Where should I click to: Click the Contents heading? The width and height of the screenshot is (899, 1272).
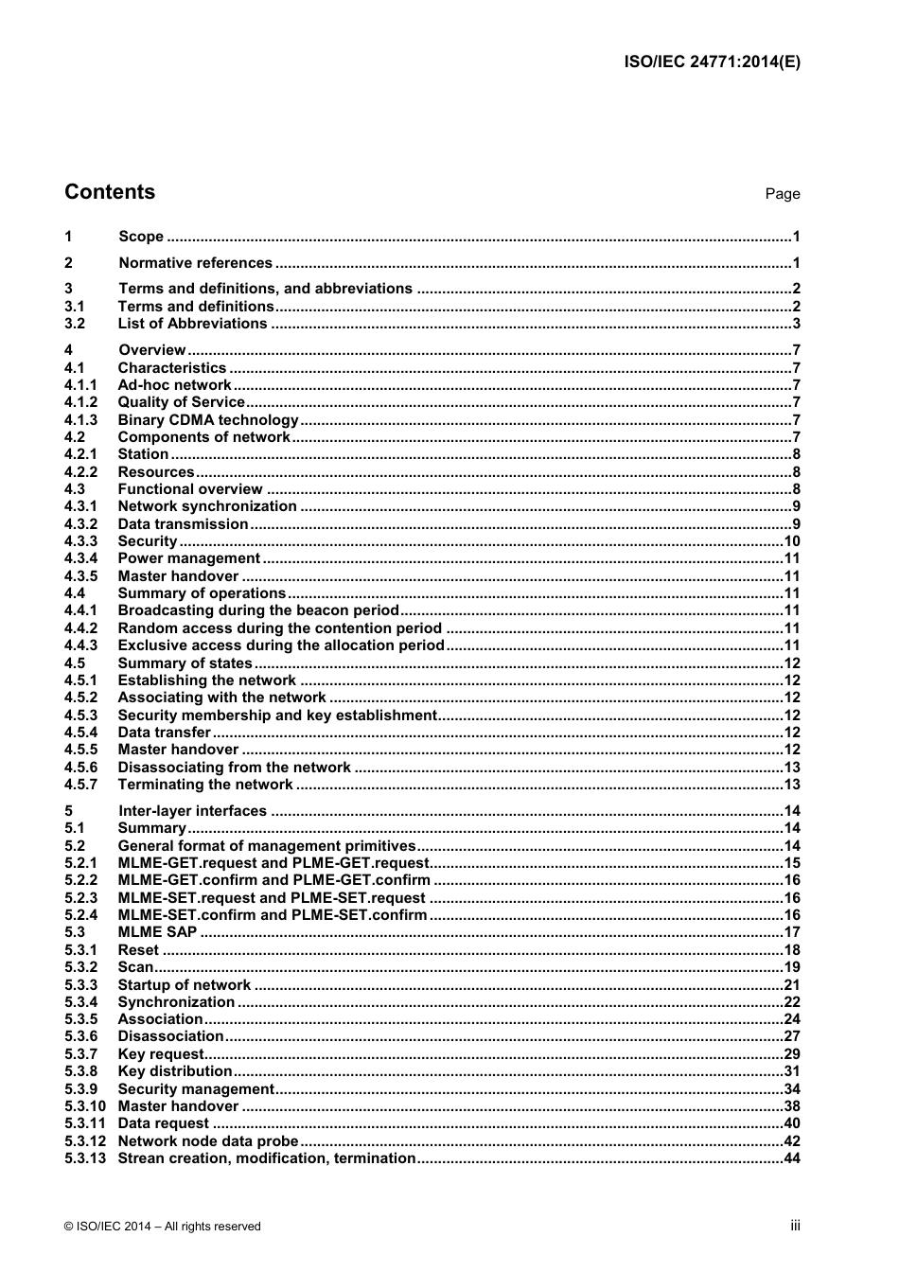pos(110,192)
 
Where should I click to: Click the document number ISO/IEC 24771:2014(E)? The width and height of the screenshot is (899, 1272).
pos(712,62)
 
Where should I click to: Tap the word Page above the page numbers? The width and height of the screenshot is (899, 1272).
pos(783,194)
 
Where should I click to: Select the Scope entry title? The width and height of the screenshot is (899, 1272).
pos(141,237)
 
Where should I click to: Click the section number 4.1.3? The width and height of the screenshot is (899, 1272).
pos(80,420)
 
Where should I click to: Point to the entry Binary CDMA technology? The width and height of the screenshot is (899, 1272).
pos(208,420)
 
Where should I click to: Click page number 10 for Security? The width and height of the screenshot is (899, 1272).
pos(792,541)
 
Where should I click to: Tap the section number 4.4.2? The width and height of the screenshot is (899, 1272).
pos(80,628)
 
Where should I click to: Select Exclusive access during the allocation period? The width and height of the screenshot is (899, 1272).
pos(280,645)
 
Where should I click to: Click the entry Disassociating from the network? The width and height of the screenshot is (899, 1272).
pos(234,768)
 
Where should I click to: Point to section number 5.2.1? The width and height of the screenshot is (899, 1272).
pos(80,863)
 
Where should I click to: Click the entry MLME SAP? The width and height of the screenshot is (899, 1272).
pos(157,932)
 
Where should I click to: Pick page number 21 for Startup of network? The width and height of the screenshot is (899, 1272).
pos(792,985)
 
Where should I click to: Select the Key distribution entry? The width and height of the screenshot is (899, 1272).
pos(174,1071)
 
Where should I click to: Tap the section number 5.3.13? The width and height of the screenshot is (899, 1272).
pos(84,1158)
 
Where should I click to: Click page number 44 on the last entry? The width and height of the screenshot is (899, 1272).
pos(792,1158)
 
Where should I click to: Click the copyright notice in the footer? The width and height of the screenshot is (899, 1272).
pos(163,1227)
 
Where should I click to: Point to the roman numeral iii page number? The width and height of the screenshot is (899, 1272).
pos(795,1226)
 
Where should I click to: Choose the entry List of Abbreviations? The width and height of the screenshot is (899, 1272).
pos(192,324)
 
